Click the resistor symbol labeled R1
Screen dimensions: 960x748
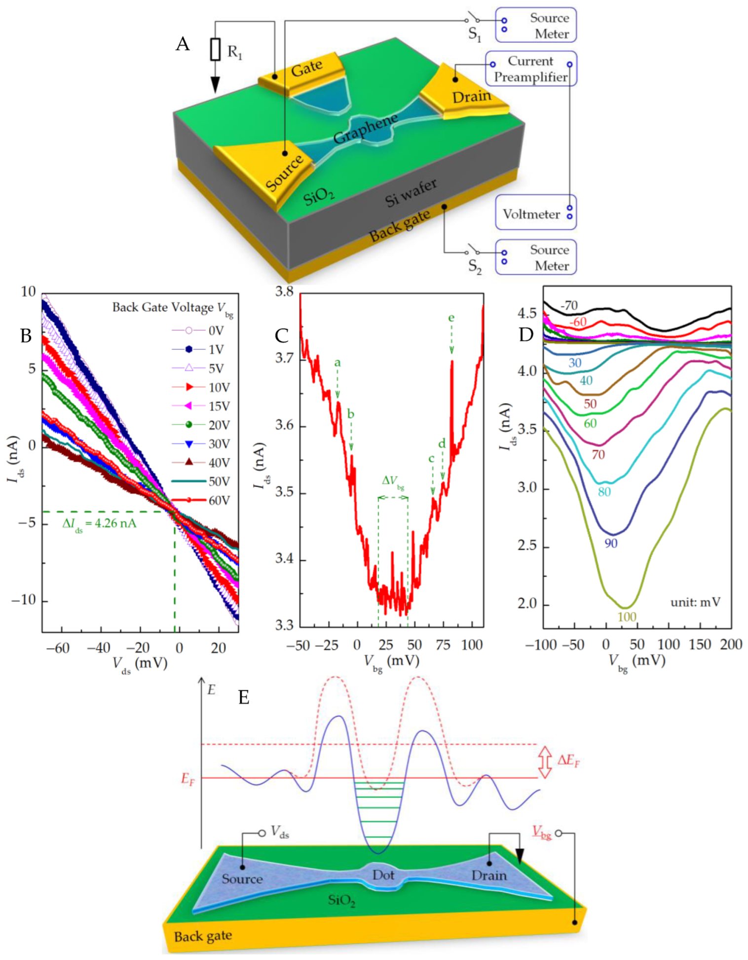point(215,50)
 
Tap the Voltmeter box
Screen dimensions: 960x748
point(535,213)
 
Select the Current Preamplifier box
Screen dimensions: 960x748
point(530,69)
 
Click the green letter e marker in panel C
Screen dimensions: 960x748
point(451,318)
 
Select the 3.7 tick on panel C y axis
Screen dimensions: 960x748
point(284,358)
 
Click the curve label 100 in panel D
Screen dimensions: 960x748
point(627,617)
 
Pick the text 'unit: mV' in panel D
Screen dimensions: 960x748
point(695,602)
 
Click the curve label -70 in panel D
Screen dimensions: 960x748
point(569,305)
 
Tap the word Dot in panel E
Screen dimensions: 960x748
point(383,875)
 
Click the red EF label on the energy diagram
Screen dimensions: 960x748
point(188,779)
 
